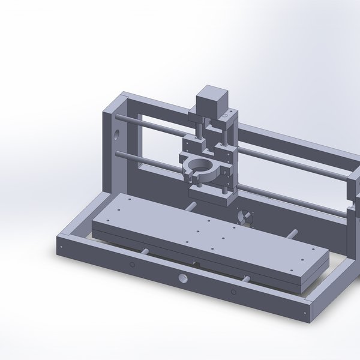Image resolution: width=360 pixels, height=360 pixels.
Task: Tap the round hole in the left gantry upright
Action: click(115, 133)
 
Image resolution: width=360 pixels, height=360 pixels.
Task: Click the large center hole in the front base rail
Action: click(182, 278)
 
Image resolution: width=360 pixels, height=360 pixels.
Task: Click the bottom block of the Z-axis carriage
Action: click(210, 195)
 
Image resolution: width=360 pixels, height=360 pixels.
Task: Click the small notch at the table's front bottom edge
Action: click(195, 263)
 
